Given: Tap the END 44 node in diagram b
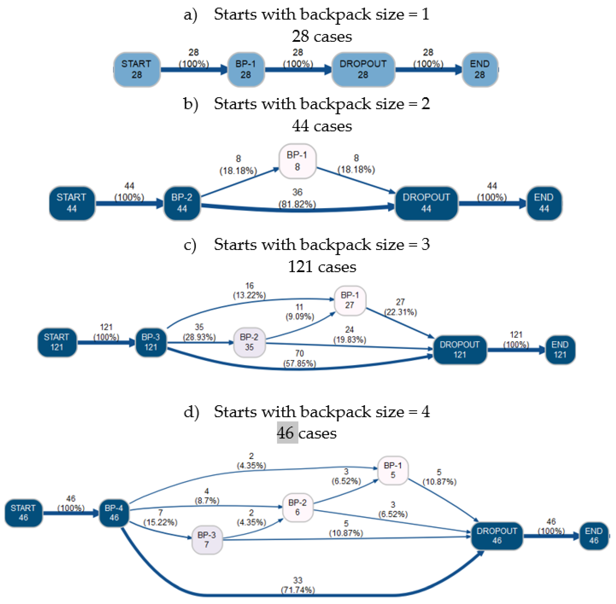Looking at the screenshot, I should [544, 203].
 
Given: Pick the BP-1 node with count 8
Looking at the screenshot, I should [297, 161].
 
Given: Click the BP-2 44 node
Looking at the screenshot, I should [182, 203].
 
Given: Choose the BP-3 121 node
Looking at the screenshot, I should [151, 342].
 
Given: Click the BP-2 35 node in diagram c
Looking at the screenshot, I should [249, 342].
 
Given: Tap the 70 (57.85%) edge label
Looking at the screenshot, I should [299, 359].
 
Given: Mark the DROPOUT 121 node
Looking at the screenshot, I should [459, 350].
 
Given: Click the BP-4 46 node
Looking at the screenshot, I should [114, 513].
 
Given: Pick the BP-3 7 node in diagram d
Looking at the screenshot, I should [207, 540].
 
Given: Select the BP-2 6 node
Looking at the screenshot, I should [297, 507].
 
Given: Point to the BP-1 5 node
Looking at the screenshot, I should [393, 470].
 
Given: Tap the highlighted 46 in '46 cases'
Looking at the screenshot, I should [287, 433].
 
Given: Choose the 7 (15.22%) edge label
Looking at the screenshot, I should [160, 517].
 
